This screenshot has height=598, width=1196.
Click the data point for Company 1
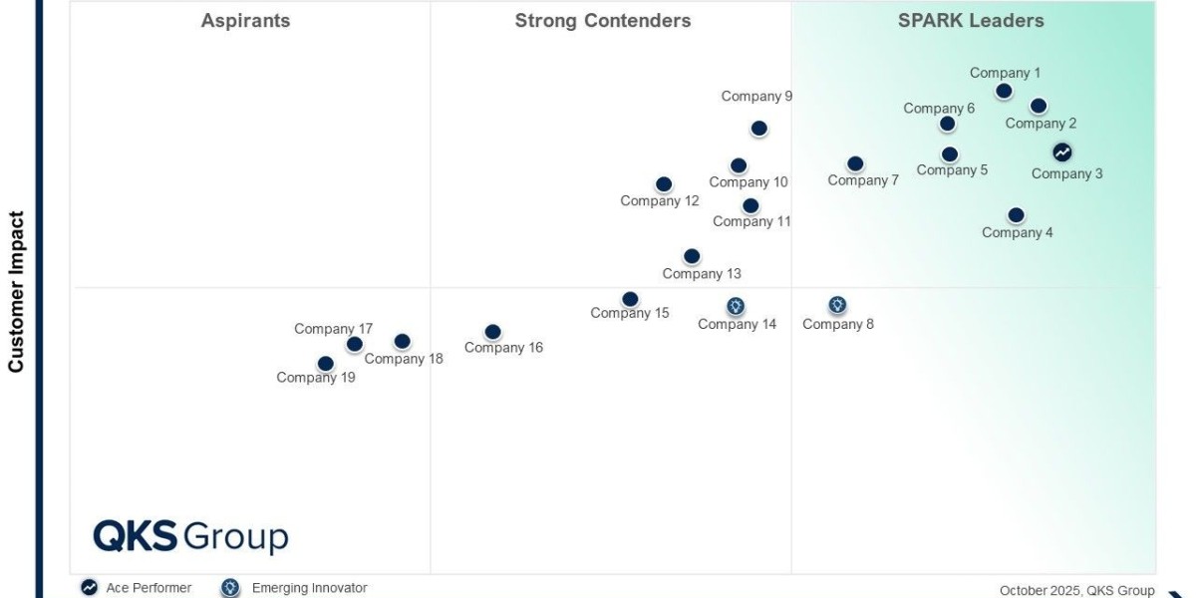pos(1004,91)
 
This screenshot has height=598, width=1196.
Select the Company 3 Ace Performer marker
pos(1062,152)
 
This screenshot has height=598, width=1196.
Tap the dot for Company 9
pos(758,129)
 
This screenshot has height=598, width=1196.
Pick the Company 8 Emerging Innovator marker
pos(837,305)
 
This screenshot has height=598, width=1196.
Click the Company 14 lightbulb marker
pos(736,306)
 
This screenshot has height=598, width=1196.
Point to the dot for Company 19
pos(325,364)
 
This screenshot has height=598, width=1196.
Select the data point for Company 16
pos(492,332)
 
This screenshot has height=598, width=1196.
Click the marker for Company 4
pos(1016,215)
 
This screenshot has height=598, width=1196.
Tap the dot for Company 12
pos(664,184)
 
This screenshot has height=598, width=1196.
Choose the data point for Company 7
pos(855,163)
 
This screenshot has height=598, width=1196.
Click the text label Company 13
pos(702,274)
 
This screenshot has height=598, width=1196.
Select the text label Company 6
pos(939,109)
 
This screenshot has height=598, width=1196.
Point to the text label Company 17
pos(333,329)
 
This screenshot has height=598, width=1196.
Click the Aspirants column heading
pos(245,21)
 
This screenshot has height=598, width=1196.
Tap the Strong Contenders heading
pos(602,21)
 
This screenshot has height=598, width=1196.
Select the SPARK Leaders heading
pos(971,21)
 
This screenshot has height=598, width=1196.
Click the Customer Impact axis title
pos(16,291)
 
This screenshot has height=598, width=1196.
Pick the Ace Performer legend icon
pos(90,588)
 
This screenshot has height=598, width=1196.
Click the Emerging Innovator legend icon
pos(230,588)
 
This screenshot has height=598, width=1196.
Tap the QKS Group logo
pos(190,536)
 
